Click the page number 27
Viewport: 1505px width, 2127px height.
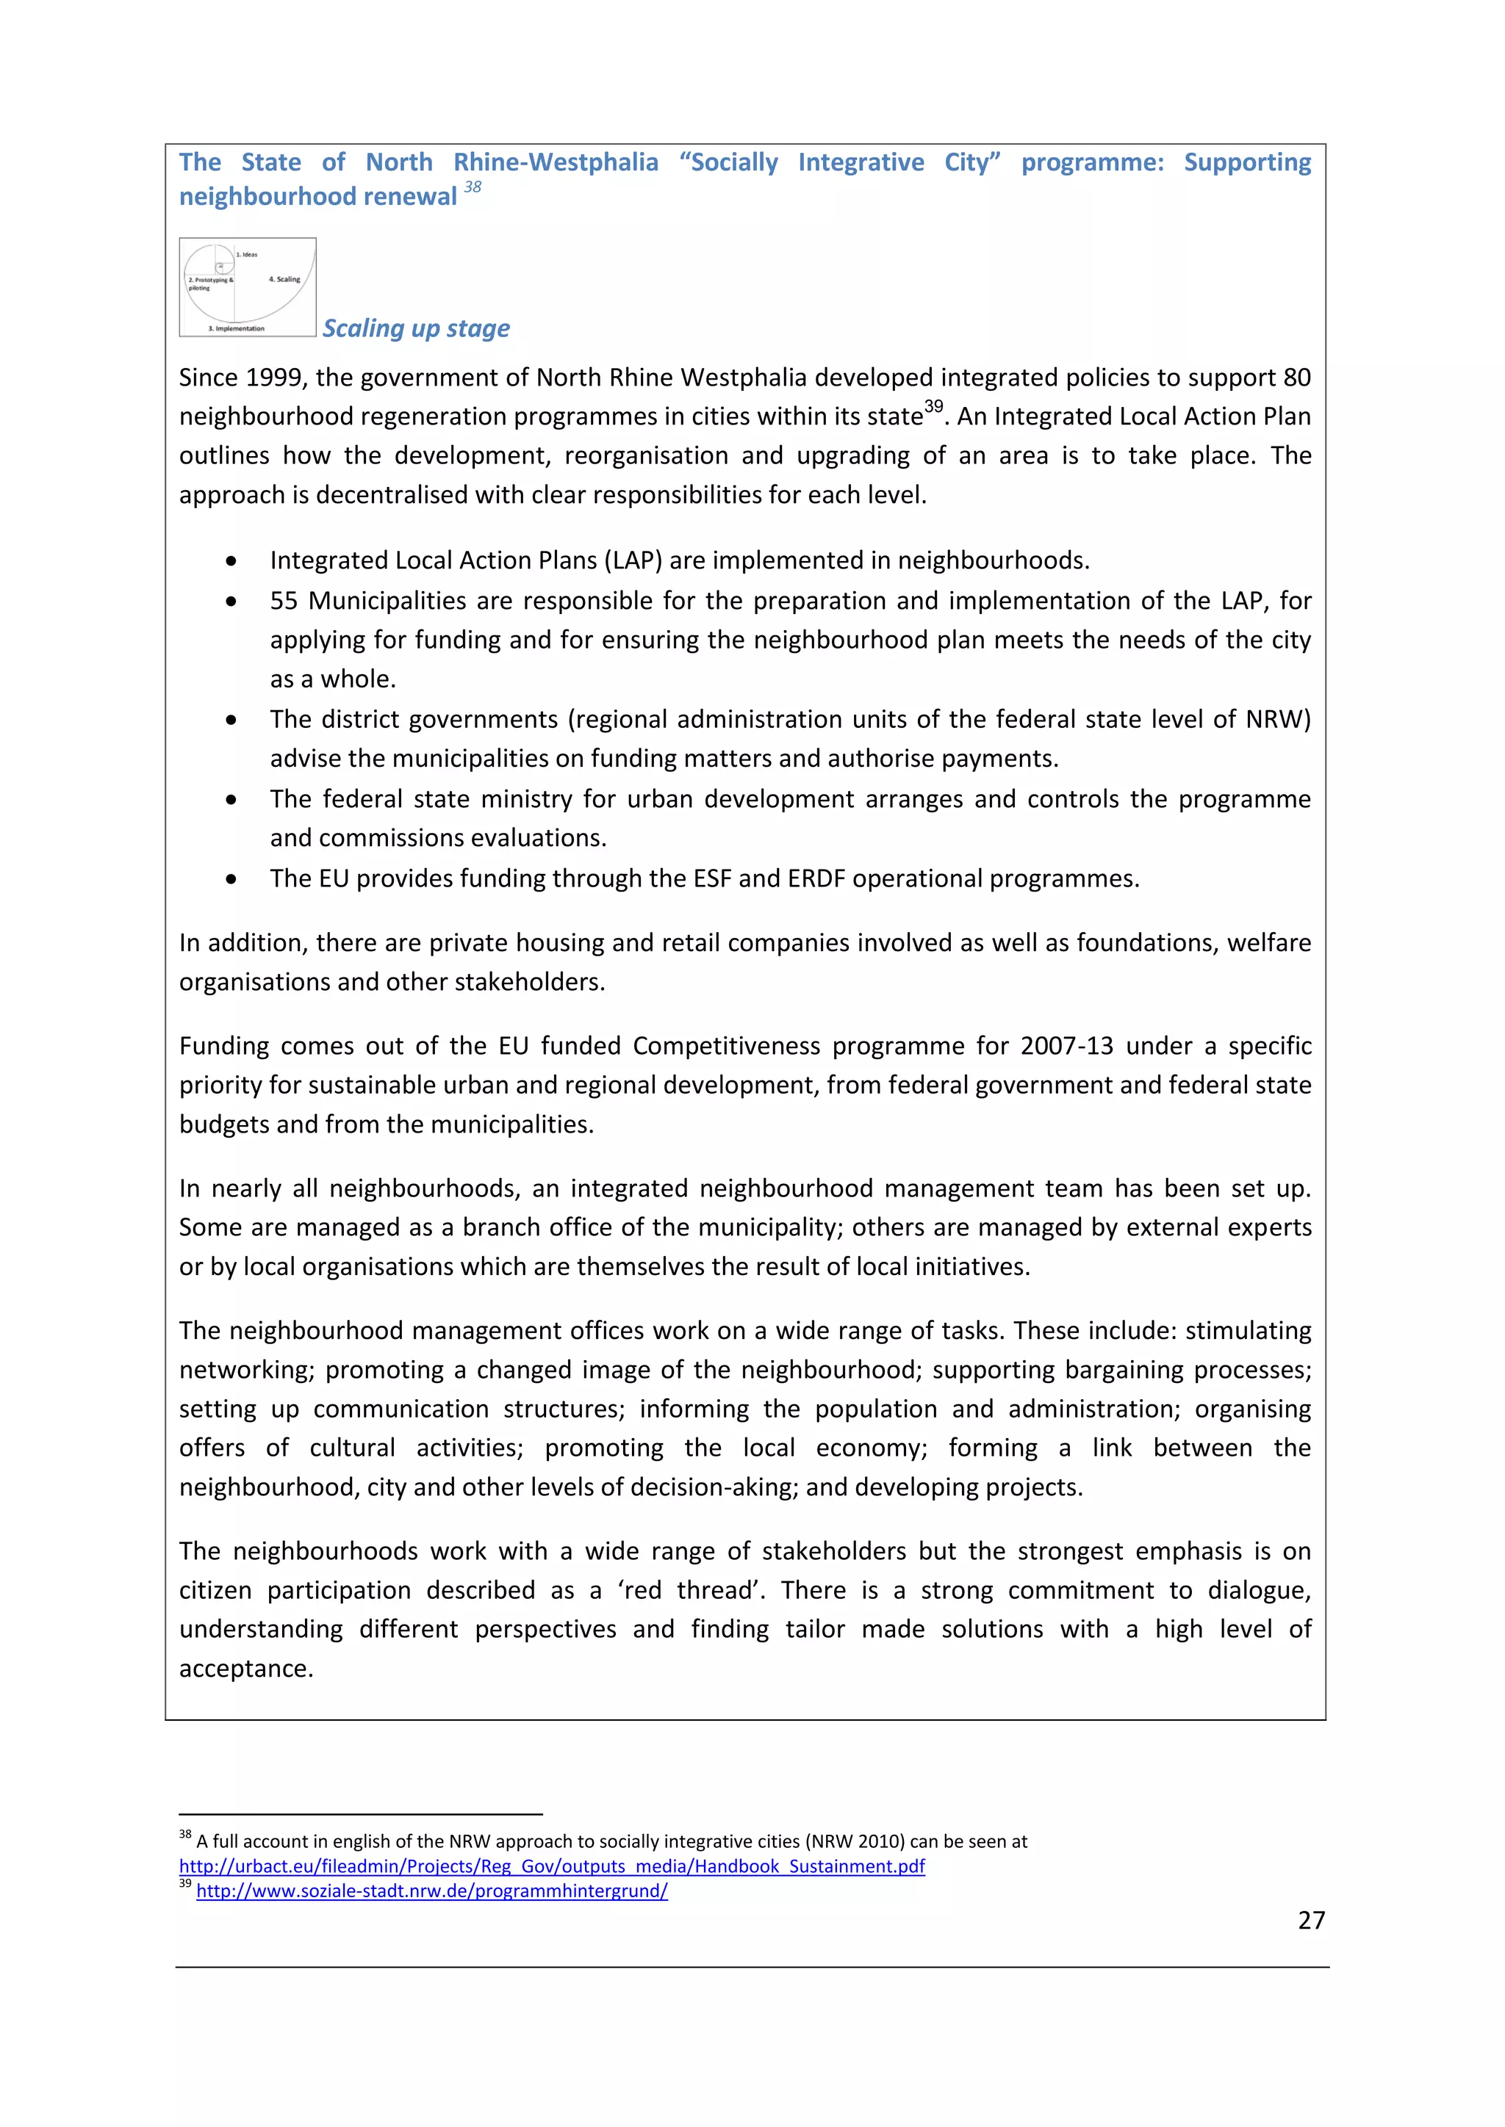(1310, 1921)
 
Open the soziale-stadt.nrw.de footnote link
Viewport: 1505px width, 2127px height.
(432, 1891)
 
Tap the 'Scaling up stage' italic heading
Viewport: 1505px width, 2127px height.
(416, 328)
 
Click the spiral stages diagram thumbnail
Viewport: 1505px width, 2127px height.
(248, 287)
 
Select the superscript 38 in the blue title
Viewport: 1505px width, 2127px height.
(473, 187)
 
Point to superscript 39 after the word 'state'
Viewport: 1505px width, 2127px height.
(933, 407)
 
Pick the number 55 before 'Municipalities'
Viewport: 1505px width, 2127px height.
(284, 602)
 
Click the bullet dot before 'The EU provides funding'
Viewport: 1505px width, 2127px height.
(231, 879)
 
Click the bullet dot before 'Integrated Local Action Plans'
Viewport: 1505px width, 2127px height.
(231, 561)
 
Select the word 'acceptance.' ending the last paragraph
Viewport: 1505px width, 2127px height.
(245, 1669)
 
